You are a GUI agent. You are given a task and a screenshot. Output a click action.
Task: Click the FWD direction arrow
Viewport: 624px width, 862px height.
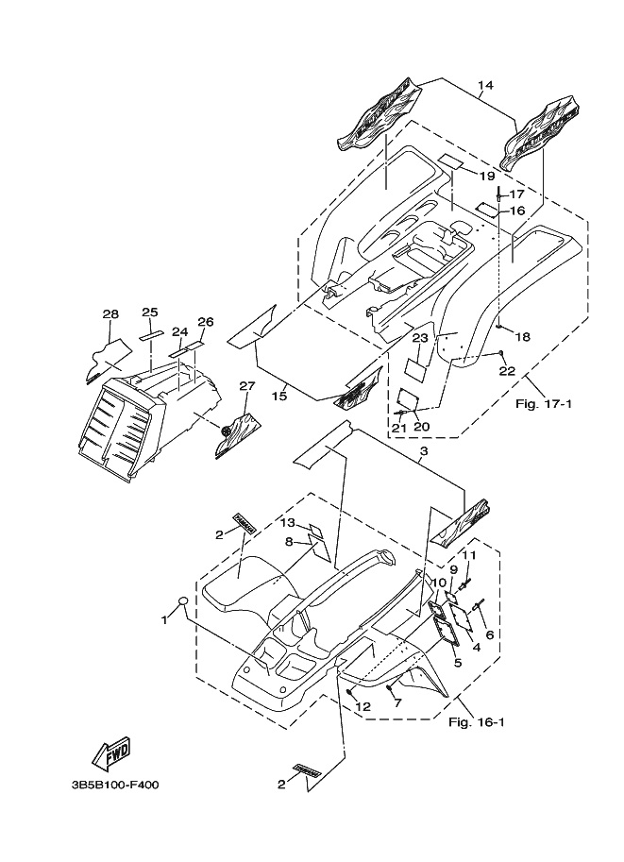coord(111,753)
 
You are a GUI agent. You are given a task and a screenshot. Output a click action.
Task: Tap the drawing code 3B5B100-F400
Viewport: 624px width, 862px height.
coord(114,785)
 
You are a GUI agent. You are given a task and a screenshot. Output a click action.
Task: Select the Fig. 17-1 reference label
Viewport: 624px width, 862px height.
coord(544,404)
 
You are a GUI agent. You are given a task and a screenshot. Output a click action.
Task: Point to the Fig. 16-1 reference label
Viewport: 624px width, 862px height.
coord(476,722)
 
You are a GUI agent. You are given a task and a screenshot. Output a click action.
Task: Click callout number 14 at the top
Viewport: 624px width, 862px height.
coord(485,85)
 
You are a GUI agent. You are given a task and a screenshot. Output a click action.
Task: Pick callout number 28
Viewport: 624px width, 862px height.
coord(110,313)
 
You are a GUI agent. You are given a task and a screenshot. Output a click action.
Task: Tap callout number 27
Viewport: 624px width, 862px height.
coord(247,386)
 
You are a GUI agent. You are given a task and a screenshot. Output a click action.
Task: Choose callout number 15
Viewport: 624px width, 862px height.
coord(279,396)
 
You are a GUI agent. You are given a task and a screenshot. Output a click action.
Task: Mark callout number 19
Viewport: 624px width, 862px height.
coord(487,176)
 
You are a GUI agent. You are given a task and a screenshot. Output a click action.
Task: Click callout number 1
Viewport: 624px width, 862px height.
coord(164,620)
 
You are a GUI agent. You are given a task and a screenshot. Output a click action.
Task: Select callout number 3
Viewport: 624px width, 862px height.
coord(423,451)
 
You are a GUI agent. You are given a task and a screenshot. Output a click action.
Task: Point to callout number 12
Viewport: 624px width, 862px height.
coord(363,706)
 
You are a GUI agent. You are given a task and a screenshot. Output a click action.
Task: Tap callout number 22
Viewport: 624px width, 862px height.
coord(507,371)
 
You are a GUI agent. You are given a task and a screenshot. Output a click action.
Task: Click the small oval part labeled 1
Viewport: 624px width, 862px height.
coord(184,600)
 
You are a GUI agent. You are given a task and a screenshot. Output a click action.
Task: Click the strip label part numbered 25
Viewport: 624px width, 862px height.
coord(151,335)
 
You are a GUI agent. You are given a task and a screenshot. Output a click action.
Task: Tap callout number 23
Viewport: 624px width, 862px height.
coord(420,339)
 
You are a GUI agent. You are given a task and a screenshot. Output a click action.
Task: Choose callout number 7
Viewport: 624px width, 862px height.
coord(397,702)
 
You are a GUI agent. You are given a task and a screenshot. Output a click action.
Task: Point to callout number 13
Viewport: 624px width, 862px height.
coord(288,522)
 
